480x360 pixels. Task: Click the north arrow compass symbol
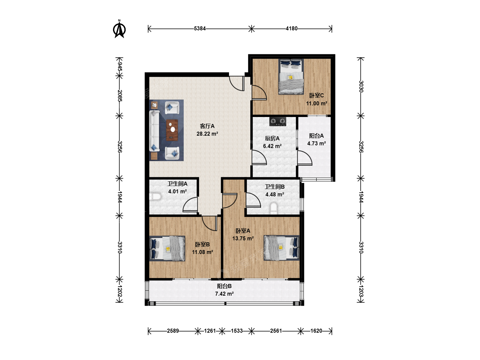(x=119, y=29)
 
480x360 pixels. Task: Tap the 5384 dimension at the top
(x=200, y=29)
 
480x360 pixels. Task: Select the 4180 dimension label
(x=291, y=29)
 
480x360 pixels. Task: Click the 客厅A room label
(x=207, y=126)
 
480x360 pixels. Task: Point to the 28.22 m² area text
(x=207, y=134)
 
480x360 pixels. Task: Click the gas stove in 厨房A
(x=278, y=122)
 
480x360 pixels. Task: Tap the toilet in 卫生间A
(x=155, y=197)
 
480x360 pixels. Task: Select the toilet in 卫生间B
(x=274, y=208)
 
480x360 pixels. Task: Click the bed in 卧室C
(x=291, y=77)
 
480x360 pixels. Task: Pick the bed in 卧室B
(x=167, y=248)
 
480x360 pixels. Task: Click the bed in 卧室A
(x=281, y=248)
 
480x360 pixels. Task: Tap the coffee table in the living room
(x=172, y=130)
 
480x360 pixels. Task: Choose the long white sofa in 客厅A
(x=154, y=131)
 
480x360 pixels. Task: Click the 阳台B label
(x=224, y=286)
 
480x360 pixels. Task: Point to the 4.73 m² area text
(x=316, y=143)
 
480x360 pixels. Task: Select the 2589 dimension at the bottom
(x=173, y=331)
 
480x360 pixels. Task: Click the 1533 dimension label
(x=237, y=331)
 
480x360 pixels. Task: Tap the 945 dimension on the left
(x=120, y=66)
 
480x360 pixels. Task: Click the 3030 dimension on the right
(x=361, y=87)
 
